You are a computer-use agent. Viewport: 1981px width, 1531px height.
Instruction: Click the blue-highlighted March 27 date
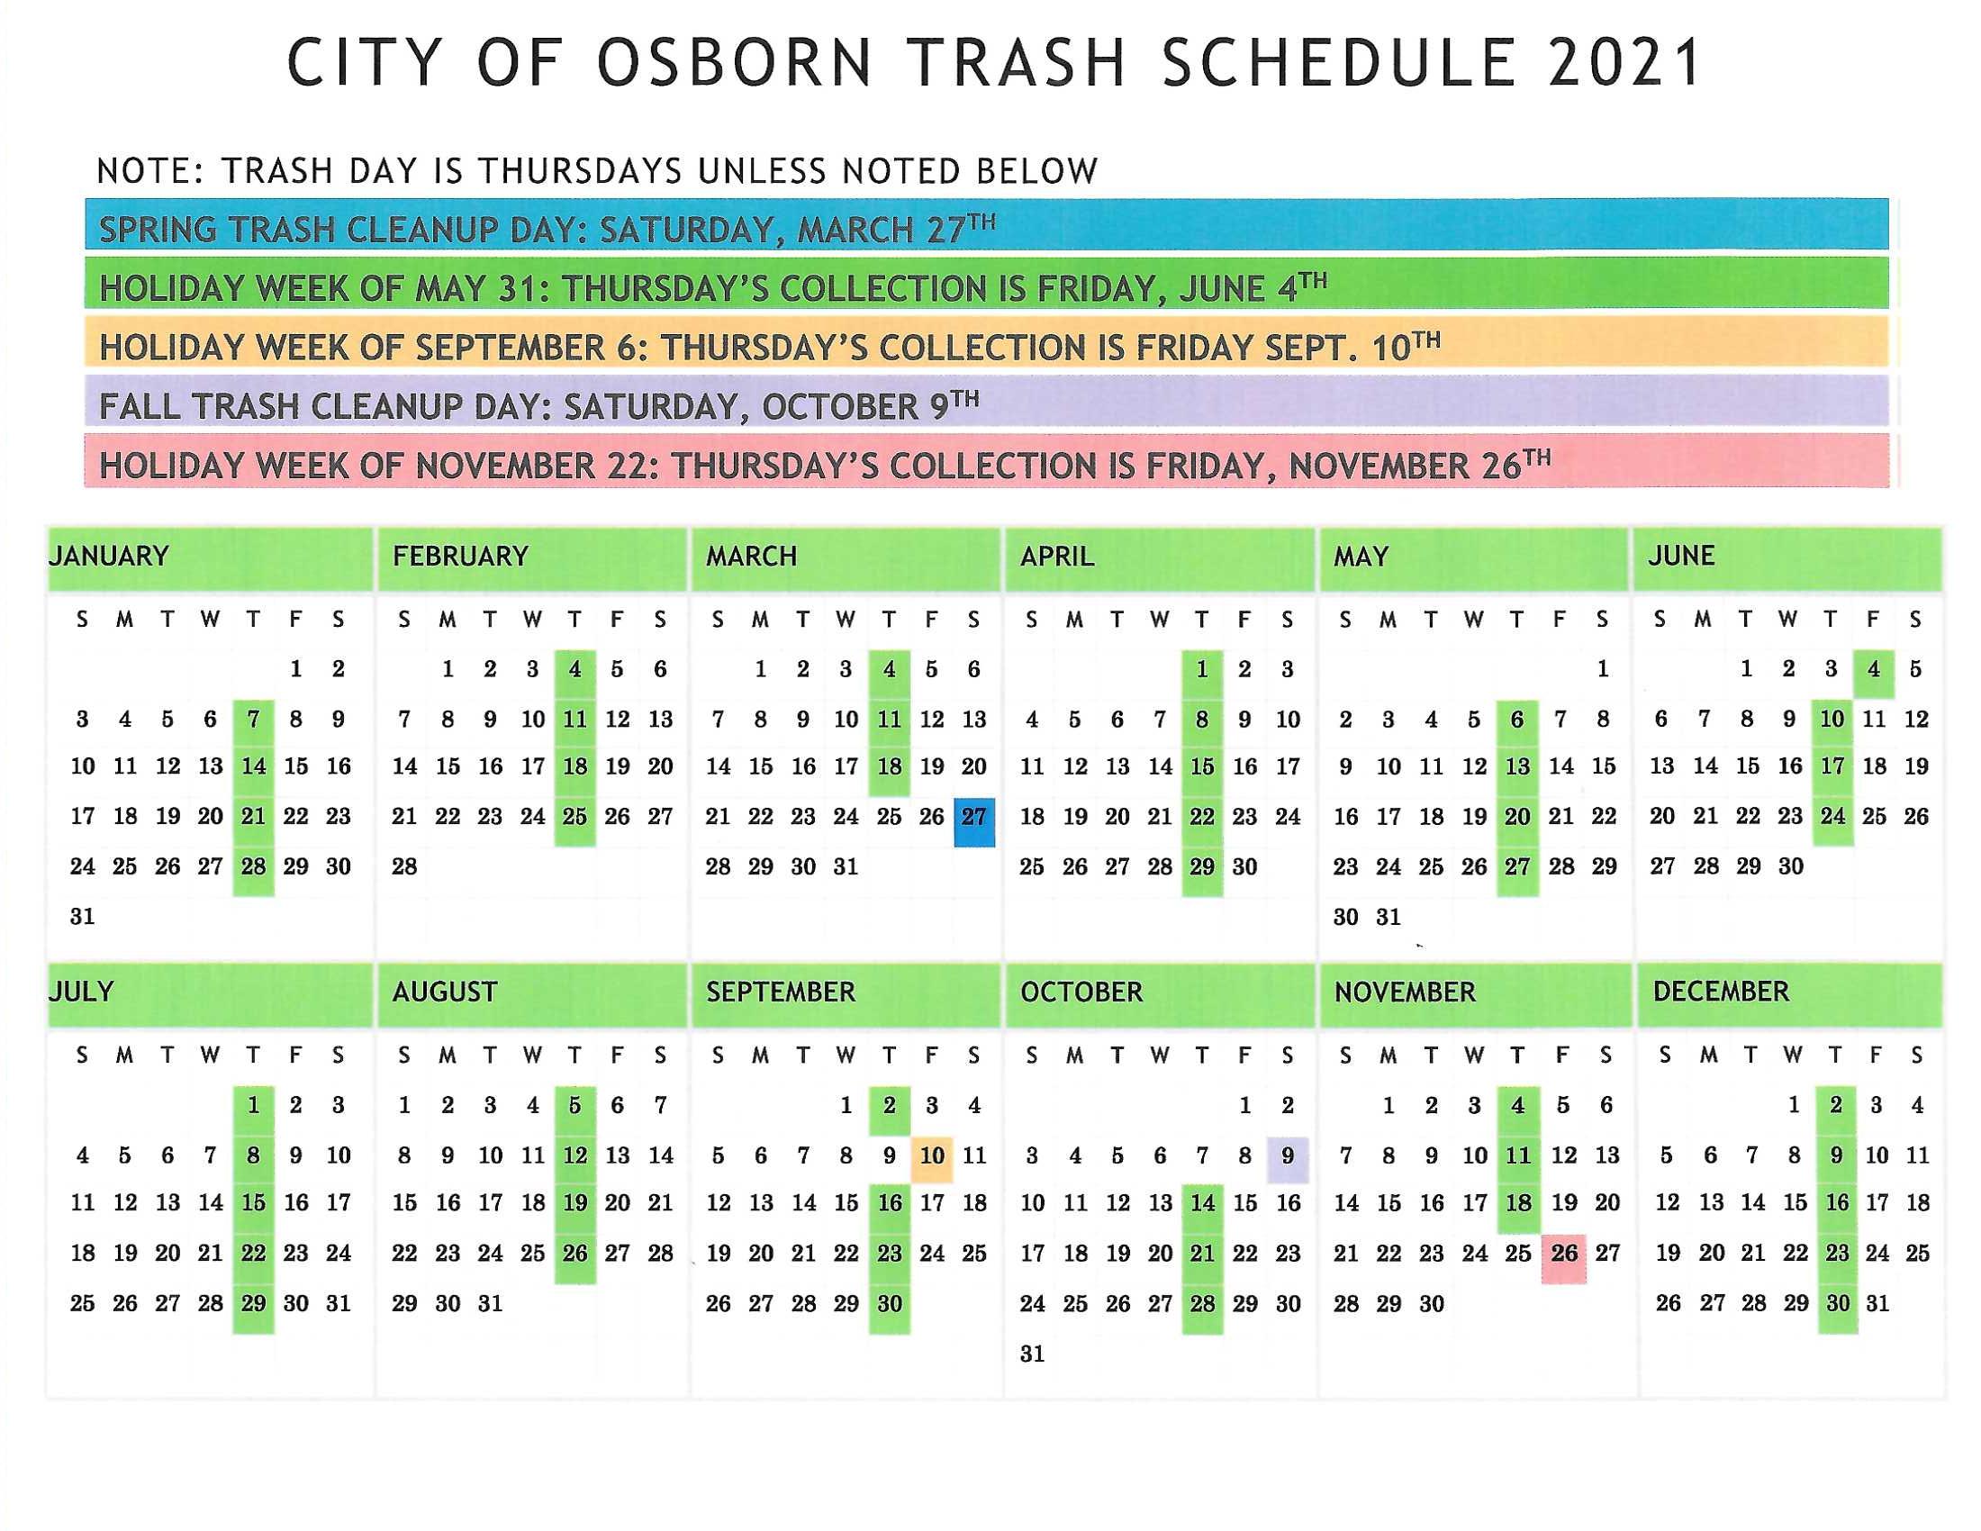pyautogui.click(x=974, y=821)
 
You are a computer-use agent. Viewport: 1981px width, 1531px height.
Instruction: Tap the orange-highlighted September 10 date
pyautogui.click(x=932, y=1159)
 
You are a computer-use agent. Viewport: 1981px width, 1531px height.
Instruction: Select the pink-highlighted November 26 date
pyautogui.click(x=1564, y=1258)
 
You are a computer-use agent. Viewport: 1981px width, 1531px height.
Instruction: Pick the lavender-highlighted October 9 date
pyautogui.click(x=1287, y=1159)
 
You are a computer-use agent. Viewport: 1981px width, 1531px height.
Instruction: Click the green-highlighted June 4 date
pyautogui.click(x=1874, y=673)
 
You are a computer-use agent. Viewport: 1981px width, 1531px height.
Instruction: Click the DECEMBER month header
pyautogui.click(x=1721, y=992)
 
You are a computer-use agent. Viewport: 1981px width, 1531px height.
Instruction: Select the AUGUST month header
pyautogui.click(x=445, y=992)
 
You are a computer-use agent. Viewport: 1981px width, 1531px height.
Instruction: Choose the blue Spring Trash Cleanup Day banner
pyautogui.click(x=987, y=224)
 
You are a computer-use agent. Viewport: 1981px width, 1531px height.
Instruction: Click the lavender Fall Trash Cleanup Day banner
pyautogui.click(x=987, y=401)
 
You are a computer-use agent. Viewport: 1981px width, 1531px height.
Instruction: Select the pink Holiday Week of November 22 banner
pyautogui.click(x=987, y=461)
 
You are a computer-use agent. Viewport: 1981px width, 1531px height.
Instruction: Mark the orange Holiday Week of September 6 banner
pyautogui.click(x=987, y=342)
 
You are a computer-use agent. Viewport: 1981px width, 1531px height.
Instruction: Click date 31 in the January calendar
pyautogui.click(x=83, y=917)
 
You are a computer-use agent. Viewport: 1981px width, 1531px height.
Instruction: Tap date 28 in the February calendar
pyautogui.click(x=404, y=867)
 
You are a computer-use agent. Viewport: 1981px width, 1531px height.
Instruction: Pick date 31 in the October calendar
pyautogui.click(x=1032, y=1354)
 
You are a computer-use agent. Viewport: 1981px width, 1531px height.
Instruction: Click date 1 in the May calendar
pyautogui.click(x=1603, y=669)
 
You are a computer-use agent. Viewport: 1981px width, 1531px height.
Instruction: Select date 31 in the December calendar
pyautogui.click(x=1877, y=1304)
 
